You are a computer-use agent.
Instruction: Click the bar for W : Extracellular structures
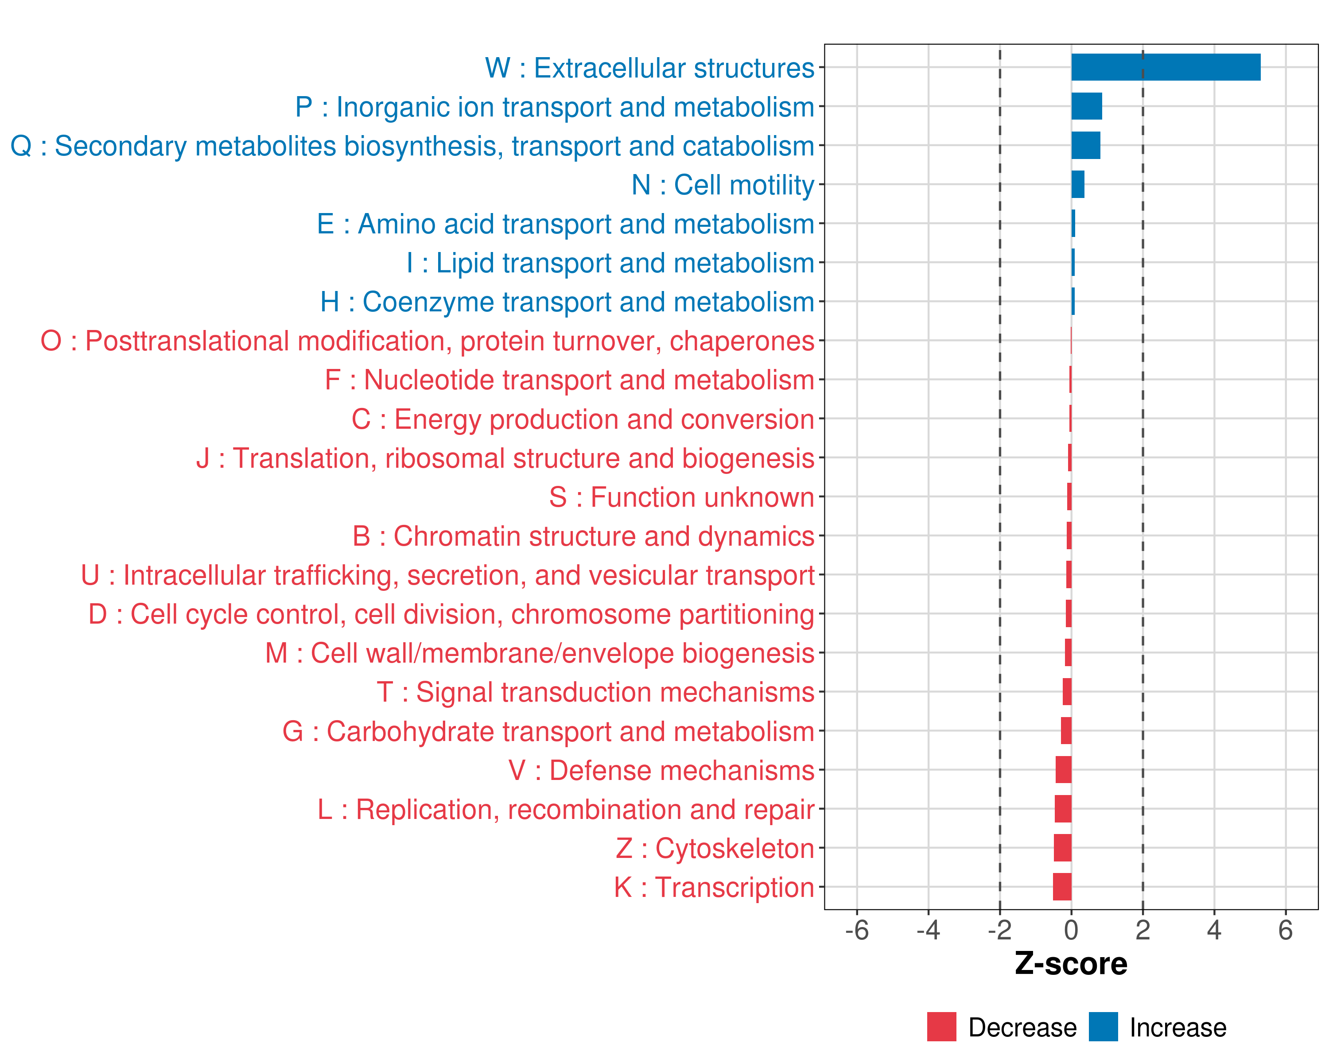pos(1165,67)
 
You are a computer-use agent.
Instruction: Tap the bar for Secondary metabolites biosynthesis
pos(1085,145)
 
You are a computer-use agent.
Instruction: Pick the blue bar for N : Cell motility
pos(1077,184)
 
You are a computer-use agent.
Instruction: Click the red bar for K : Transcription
pos(1062,887)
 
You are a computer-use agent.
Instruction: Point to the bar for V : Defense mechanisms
pos(1063,770)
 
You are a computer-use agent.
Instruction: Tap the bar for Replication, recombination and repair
pos(1063,808)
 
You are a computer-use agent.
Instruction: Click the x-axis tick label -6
pos(857,930)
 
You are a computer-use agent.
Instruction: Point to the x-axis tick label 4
pos(1214,930)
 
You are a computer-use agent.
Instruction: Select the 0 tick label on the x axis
pos(1071,930)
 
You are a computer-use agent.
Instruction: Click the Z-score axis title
pos(1071,964)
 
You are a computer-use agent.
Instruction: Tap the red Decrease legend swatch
pos(941,1027)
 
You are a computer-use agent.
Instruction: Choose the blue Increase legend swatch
pos(1103,1027)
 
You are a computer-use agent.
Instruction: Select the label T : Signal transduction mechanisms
pos(595,692)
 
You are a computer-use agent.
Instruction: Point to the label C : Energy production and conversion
pos(583,419)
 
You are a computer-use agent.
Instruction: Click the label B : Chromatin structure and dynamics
pos(583,536)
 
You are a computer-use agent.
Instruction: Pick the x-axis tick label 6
pos(1285,930)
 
